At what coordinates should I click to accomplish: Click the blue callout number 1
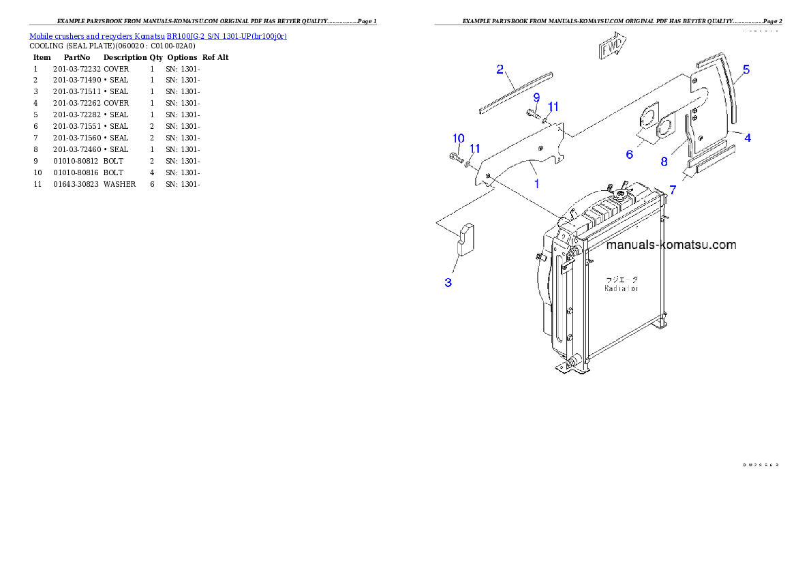point(537,183)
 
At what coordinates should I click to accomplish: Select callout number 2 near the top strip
point(500,69)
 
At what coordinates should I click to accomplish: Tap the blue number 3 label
point(448,282)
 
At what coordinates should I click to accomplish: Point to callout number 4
point(748,138)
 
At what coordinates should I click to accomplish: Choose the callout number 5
point(746,69)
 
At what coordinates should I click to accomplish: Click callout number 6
point(629,155)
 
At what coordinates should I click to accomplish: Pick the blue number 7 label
point(673,190)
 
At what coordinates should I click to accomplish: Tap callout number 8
point(664,162)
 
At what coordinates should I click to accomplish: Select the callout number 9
point(536,97)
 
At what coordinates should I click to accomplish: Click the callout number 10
point(458,138)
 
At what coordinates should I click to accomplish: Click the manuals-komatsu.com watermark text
point(671,245)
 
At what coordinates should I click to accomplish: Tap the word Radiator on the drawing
point(622,288)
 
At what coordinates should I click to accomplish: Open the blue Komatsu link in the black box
point(157,35)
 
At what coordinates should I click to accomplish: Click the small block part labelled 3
point(465,239)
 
